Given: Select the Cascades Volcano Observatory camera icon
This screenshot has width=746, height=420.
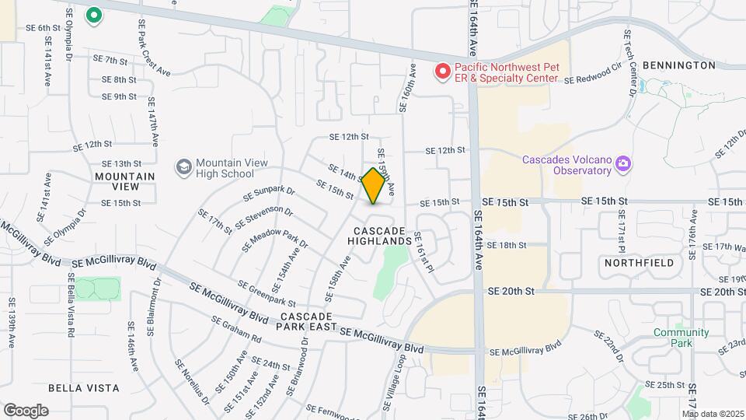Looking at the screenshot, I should click(x=622, y=164).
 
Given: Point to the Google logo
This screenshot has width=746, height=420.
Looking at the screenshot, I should click(x=26, y=410).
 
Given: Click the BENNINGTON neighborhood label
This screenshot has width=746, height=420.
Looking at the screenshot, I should click(x=679, y=65).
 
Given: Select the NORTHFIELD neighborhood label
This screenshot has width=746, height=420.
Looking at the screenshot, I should click(x=639, y=264).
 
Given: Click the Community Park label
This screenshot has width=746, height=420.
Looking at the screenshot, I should click(x=681, y=338).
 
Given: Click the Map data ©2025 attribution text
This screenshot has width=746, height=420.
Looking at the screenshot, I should click(x=713, y=413).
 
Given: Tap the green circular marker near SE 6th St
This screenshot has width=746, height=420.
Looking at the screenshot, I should click(x=95, y=16).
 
